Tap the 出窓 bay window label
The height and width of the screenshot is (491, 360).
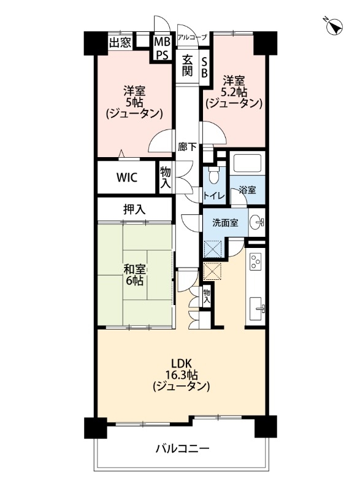[120, 42]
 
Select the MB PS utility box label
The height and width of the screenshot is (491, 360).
[161, 48]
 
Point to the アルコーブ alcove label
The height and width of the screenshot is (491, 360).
[193, 37]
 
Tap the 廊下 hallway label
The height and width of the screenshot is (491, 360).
[187, 147]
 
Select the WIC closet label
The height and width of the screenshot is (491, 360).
[127, 177]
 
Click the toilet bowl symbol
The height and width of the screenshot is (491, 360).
[212, 176]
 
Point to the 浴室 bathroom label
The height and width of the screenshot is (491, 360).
[248, 191]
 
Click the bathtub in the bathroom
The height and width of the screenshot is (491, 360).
[246, 164]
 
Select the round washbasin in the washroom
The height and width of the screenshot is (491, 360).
[258, 223]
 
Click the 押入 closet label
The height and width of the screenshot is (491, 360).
[134, 209]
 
